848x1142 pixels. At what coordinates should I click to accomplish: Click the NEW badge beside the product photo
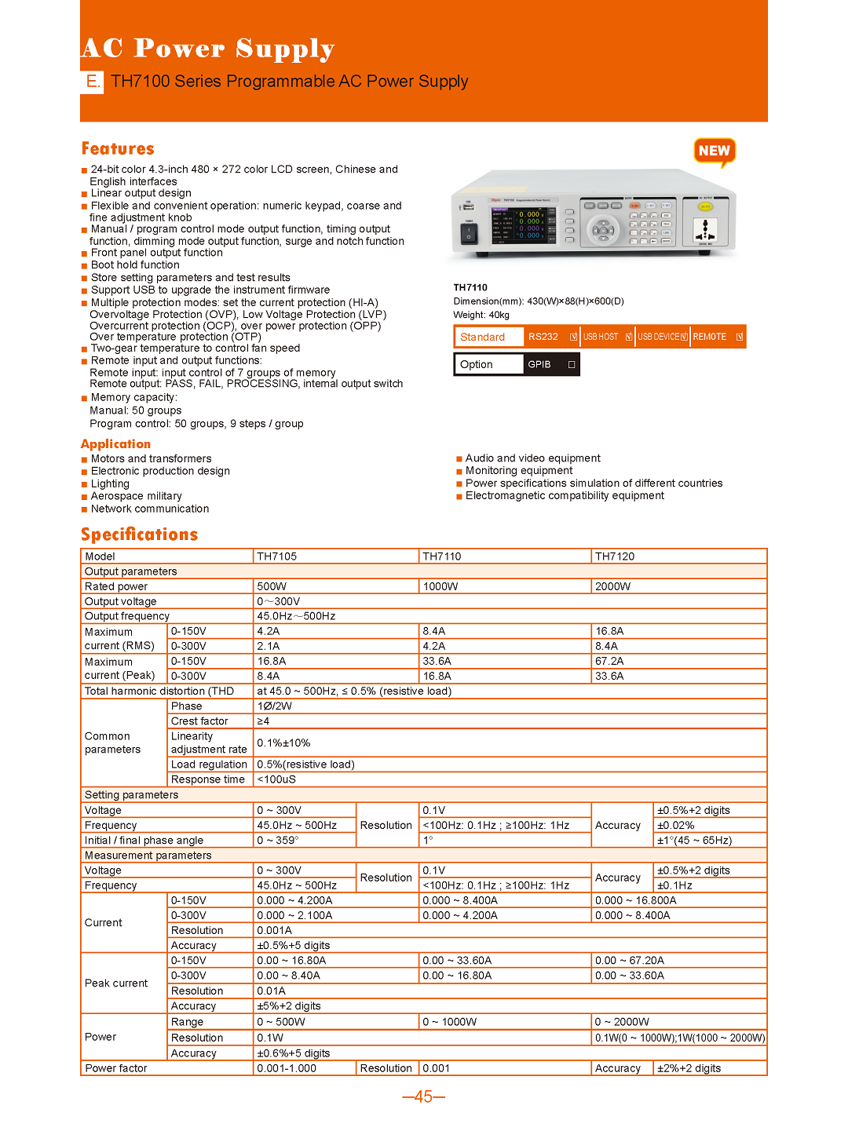click(714, 151)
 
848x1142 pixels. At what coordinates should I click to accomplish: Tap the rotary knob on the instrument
click(603, 229)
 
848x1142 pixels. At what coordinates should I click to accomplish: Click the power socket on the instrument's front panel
click(704, 229)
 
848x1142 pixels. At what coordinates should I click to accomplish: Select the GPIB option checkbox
click(572, 364)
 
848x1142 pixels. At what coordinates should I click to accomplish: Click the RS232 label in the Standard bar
click(543, 337)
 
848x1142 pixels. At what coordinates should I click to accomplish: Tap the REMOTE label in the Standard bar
click(710, 337)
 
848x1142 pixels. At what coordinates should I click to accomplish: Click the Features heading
click(118, 148)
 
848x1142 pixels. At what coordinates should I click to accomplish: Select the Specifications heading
click(139, 535)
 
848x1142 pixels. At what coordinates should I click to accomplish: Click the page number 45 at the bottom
click(423, 1096)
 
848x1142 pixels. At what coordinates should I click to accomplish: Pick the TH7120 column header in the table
click(615, 556)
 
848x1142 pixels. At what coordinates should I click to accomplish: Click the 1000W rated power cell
click(440, 586)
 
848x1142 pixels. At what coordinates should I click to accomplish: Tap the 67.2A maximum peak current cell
click(609, 661)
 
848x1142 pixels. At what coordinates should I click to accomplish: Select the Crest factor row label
click(199, 721)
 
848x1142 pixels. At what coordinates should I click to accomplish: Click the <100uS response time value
click(276, 779)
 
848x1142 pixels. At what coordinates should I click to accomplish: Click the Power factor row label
click(116, 1068)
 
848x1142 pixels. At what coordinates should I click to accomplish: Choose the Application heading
click(115, 443)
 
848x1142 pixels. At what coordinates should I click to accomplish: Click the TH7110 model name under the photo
click(470, 287)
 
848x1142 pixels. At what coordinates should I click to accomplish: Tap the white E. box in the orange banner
click(92, 82)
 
